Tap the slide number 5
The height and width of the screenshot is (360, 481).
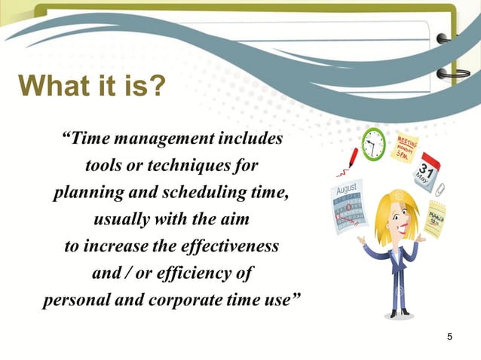coord(450,335)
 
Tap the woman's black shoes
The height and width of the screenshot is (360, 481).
coord(397,311)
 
